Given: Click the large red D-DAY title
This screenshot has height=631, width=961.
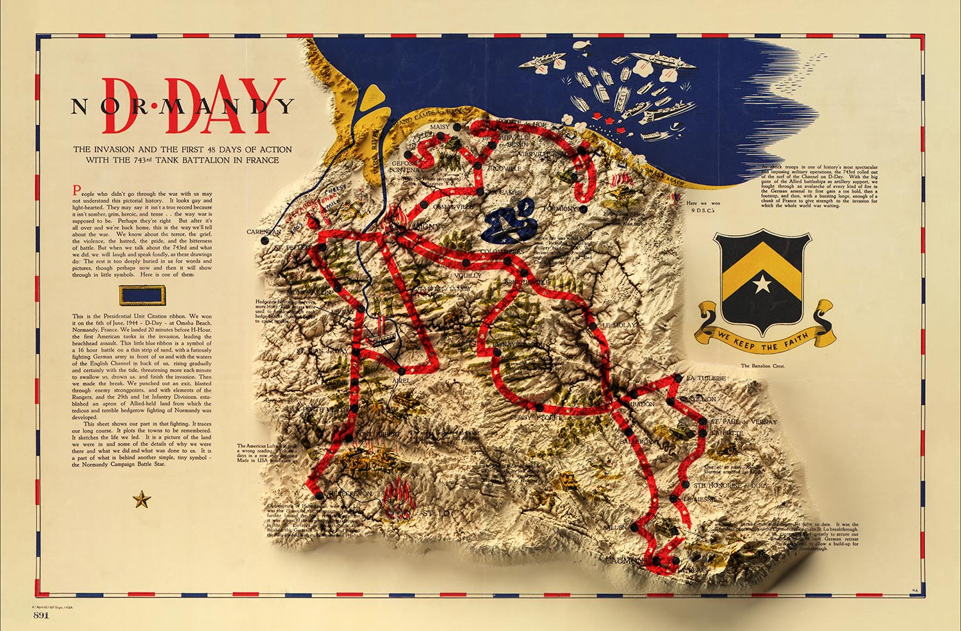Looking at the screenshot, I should coord(192,106).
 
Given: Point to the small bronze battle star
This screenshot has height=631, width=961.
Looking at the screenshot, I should coord(141,499).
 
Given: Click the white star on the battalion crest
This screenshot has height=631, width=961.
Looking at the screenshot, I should coord(762,283).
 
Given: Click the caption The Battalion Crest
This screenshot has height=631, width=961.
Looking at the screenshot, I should coord(762,366).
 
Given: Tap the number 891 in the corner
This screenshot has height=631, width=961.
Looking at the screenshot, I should coord(42,615).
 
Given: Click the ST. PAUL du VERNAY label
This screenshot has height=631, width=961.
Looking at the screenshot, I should coord(743,422).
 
